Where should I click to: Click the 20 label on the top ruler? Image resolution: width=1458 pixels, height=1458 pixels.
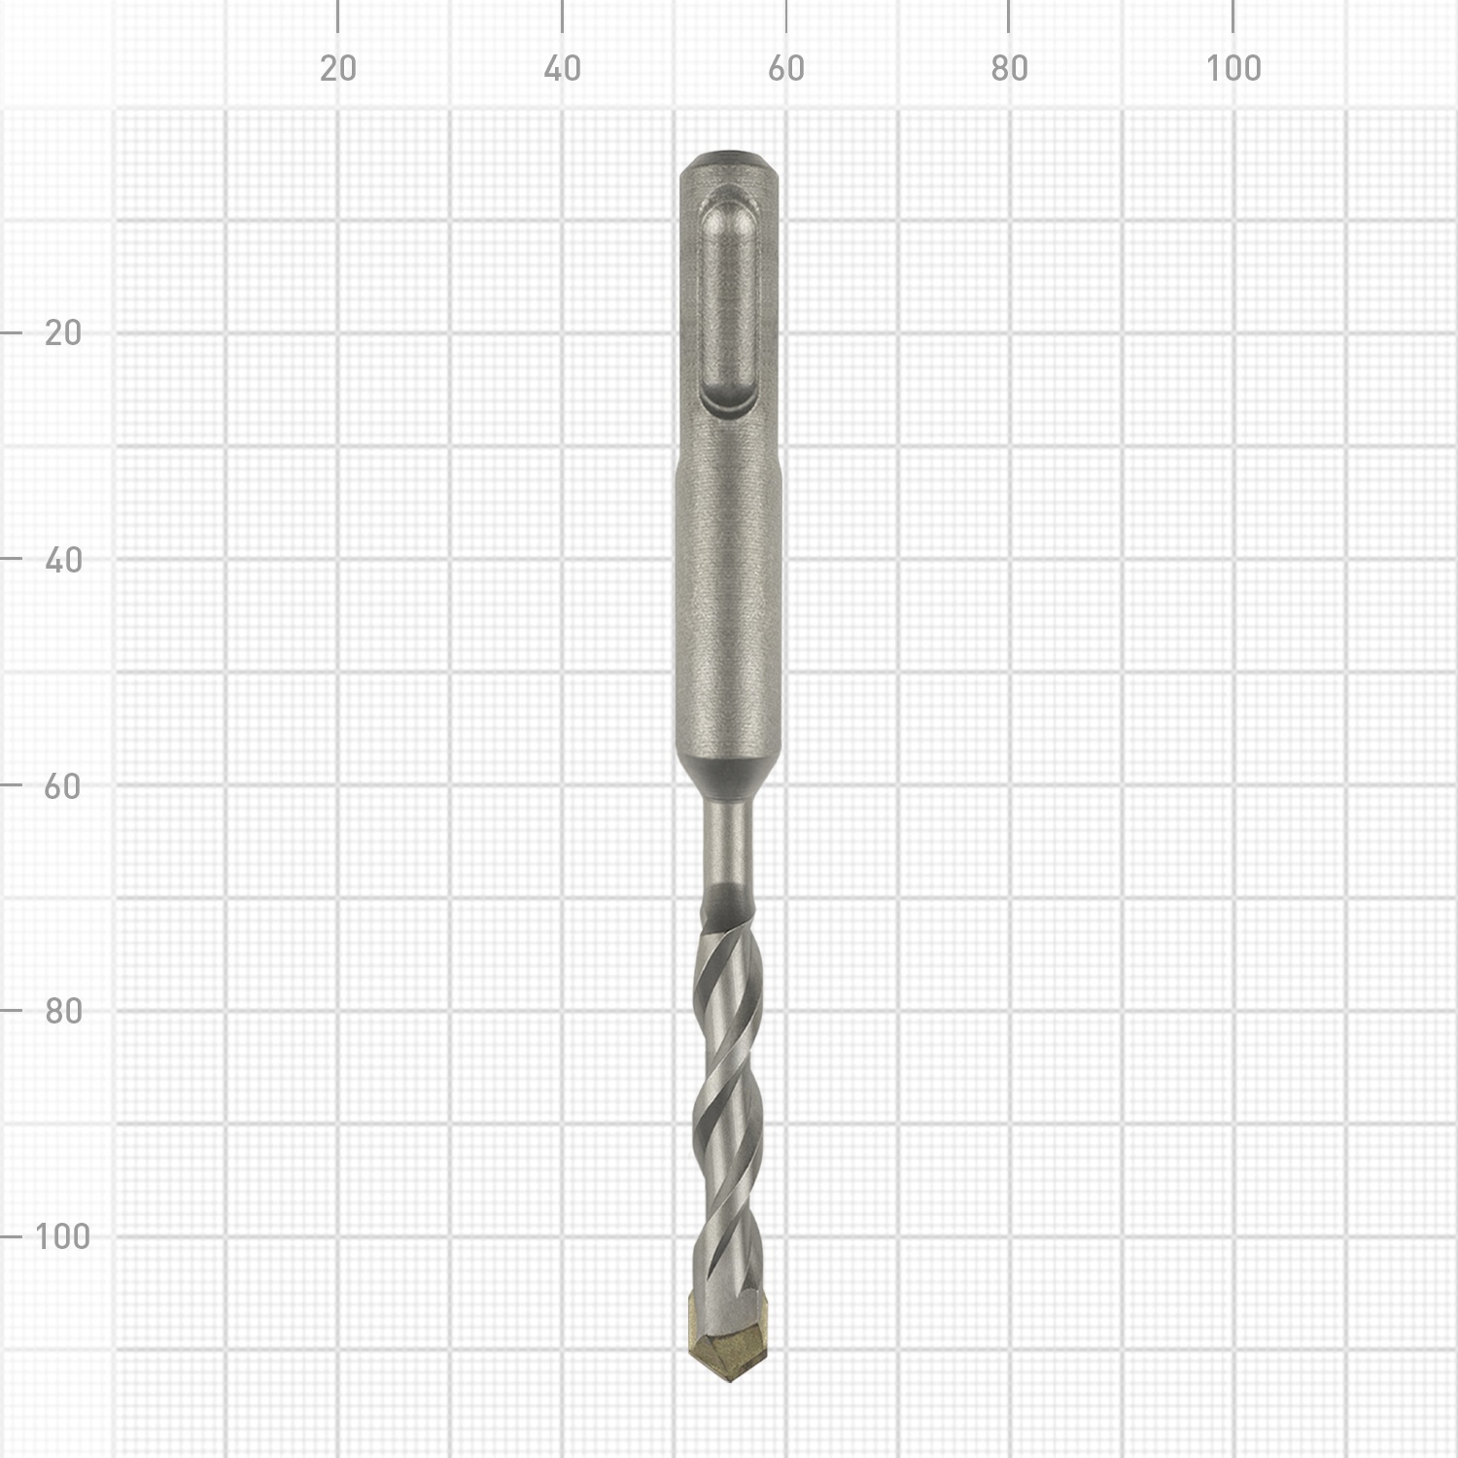pyautogui.click(x=338, y=68)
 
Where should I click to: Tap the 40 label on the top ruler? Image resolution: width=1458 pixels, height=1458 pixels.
pyautogui.click(x=562, y=68)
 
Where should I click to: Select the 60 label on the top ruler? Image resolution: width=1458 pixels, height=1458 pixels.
pyautogui.click(x=785, y=68)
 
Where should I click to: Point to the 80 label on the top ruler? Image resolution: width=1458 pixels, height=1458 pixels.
pyautogui.click(x=1009, y=68)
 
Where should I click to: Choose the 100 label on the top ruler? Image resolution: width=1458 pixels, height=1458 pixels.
pyautogui.click(x=1233, y=68)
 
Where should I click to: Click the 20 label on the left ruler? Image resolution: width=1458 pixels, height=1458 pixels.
pyautogui.click(x=63, y=333)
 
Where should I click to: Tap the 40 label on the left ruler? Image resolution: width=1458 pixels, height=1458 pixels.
pyautogui.click(x=63, y=560)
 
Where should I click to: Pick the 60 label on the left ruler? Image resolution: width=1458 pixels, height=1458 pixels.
pyautogui.click(x=63, y=785)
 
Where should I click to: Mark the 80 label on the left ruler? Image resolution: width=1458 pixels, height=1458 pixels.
pyautogui.click(x=63, y=1011)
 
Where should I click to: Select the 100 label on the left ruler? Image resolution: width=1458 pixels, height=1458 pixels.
pyautogui.click(x=62, y=1236)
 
